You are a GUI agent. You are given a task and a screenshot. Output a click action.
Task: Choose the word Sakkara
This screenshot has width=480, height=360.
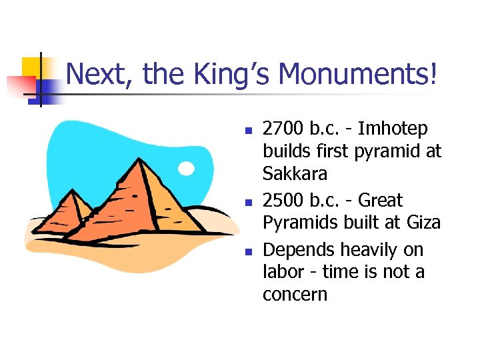pyautogui.click(x=295, y=174)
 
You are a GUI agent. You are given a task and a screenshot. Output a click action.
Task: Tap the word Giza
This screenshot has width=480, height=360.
pyautogui.click(x=424, y=223)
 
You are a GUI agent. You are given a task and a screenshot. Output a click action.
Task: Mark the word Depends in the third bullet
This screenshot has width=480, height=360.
pyautogui.click(x=299, y=249)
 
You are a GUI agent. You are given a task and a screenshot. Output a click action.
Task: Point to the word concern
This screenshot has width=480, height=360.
pyautogui.click(x=295, y=295)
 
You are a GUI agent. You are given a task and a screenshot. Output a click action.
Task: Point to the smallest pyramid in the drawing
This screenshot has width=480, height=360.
pyautogui.click(x=74, y=210)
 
